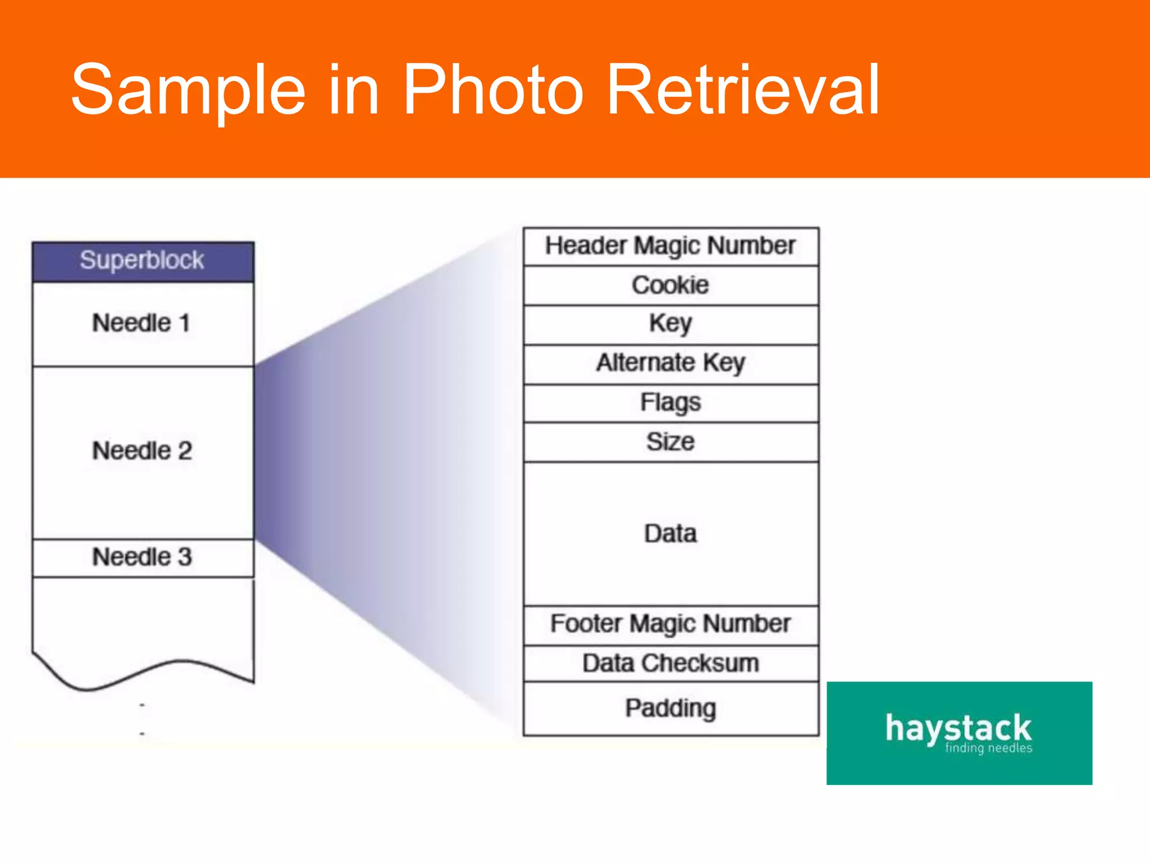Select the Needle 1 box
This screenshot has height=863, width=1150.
click(143, 324)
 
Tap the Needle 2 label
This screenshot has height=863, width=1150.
click(142, 451)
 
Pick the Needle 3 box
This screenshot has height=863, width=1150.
click(143, 557)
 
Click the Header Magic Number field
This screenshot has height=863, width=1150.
click(670, 246)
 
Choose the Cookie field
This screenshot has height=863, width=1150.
click(670, 285)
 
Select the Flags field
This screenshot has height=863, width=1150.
click(670, 403)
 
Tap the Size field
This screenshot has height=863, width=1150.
click(670, 442)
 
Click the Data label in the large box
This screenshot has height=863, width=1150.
click(670, 534)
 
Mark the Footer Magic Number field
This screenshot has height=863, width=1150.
click(670, 624)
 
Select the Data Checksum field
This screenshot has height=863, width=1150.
click(670, 664)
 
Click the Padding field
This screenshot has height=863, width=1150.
click(670, 708)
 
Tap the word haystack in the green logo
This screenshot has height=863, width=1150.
click(958, 728)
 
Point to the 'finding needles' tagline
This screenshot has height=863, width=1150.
click(988, 748)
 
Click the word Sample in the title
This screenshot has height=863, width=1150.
click(189, 90)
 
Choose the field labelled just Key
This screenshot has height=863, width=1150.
click(670, 324)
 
